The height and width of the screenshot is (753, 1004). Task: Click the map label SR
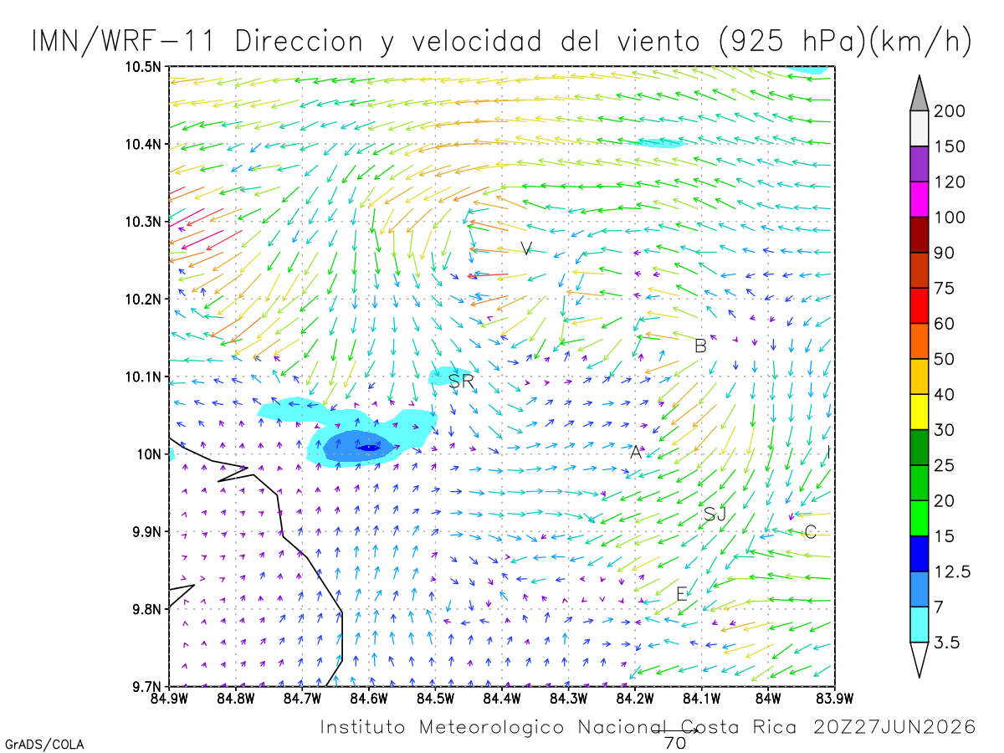pyautogui.click(x=461, y=381)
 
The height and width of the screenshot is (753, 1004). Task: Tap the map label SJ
pyautogui.click(x=715, y=515)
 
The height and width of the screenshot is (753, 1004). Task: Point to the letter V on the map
pyautogui.click(x=526, y=248)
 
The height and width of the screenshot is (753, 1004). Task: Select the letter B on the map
pyautogui.click(x=700, y=346)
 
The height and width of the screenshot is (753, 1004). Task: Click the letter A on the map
pyautogui.click(x=636, y=452)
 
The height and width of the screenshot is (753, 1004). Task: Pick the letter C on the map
pyautogui.click(x=810, y=532)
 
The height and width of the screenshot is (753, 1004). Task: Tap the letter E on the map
pyautogui.click(x=682, y=594)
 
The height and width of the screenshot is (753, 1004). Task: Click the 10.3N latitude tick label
pyautogui.click(x=143, y=223)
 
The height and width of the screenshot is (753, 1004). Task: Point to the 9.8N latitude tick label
pyautogui.click(x=146, y=609)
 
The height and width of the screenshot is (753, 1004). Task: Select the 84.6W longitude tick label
pyautogui.click(x=369, y=698)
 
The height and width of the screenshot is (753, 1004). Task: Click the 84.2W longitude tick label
pyautogui.click(x=635, y=698)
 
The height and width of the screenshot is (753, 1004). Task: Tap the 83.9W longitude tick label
pyautogui.click(x=835, y=698)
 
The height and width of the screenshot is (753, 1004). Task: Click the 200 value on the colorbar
pyautogui.click(x=949, y=111)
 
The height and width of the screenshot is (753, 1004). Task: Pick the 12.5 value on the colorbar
pyautogui.click(x=952, y=571)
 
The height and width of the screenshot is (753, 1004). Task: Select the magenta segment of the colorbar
pyautogui.click(x=919, y=199)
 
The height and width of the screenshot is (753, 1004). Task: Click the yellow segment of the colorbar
pyautogui.click(x=919, y=412)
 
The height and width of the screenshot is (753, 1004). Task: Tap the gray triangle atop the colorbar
pyautogui.click(x=919, y=94)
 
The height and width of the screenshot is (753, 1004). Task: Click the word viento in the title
pyautogui.click(x=658, y=41)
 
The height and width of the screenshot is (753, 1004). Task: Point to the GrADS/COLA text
pyautogui.click(x=44, y=745)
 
